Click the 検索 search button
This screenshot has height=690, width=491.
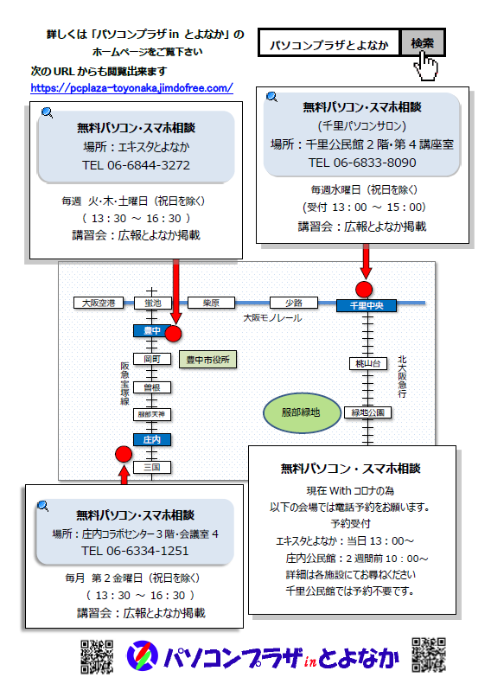(x=423, y=42)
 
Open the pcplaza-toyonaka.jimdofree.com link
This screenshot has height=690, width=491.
(x=131, y=88)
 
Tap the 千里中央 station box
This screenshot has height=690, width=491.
(x=367, y=305)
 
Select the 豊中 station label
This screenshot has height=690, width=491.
(x=152, y=331)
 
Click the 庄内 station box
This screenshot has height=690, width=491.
(x=152, y=439)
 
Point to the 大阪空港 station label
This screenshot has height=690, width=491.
(x=99, y=303)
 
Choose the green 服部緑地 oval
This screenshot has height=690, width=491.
(x=302, y=412)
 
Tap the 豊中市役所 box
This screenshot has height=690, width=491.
(x=207, y=360)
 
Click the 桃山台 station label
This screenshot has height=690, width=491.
(x=367, y=363)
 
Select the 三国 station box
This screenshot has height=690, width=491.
(x=152, y=467)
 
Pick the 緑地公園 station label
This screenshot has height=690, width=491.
(x=367, y=412)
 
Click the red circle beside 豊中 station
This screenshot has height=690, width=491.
(x=174, y=334)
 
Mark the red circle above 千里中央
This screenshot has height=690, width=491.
(x=364, y=289)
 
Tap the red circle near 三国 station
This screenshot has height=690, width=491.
(x=124, y=454)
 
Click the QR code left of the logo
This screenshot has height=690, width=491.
(x=97, y=656)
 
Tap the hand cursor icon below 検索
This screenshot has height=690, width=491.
(x=425, y=66)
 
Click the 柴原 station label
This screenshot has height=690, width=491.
(x=211, y=303)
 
